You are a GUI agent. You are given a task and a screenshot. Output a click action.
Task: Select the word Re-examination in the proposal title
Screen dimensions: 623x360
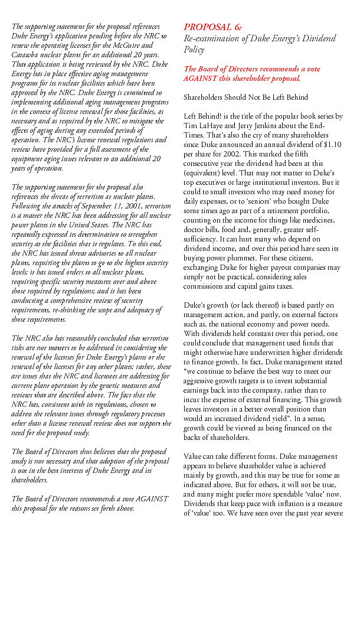pyautogui.click(x=210, y=38)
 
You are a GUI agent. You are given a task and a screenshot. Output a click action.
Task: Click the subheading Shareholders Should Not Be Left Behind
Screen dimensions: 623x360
pyautogui.click(x=246, y=97)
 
